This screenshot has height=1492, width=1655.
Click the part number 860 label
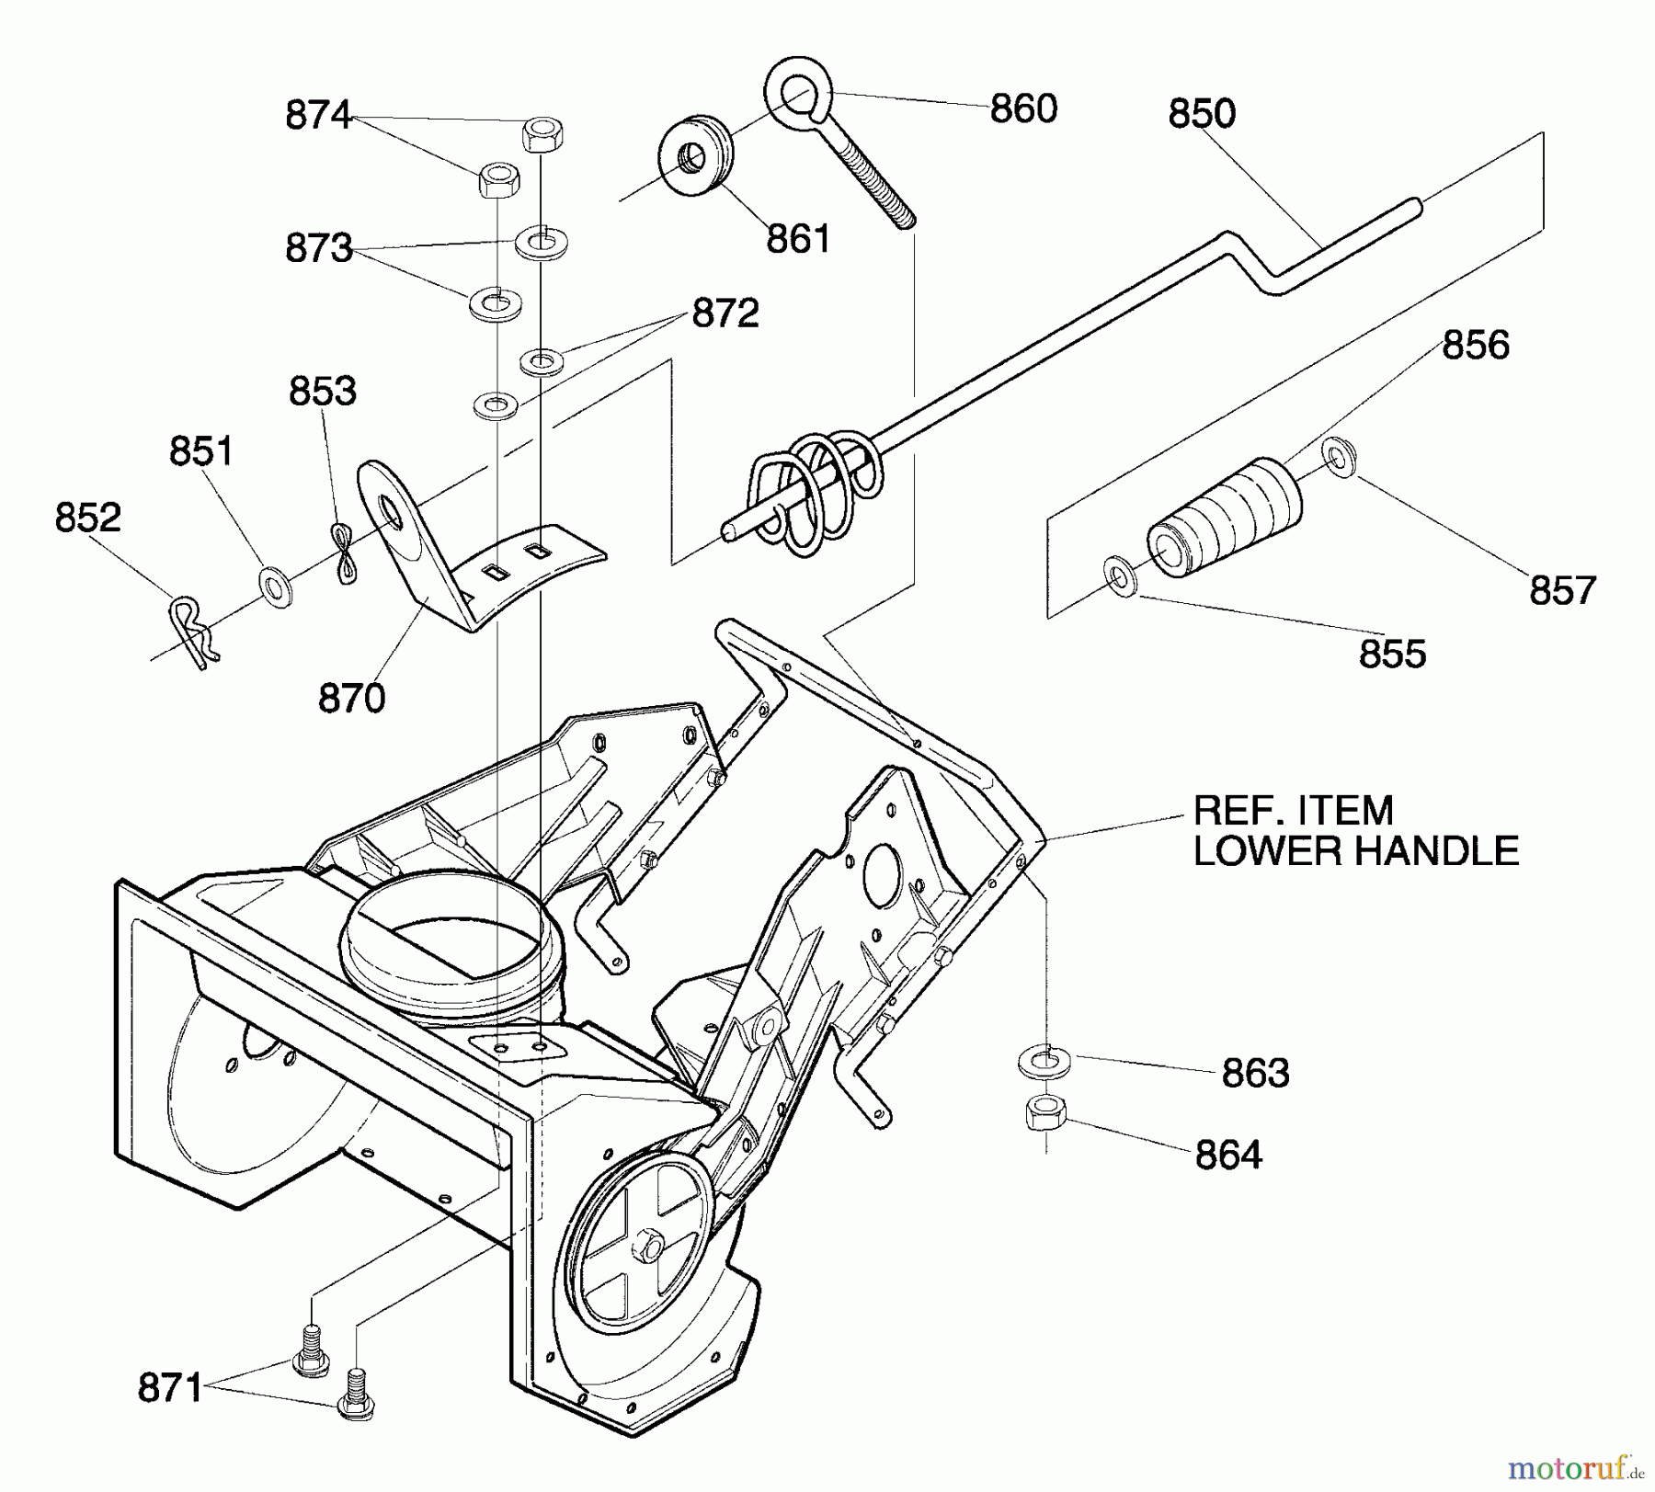[1022, 109]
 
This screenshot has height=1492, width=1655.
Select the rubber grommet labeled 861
[696, 154]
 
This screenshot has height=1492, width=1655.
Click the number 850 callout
[1202, 114]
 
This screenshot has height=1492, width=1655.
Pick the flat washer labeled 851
[275, 587]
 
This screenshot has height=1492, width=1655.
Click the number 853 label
[322, 392]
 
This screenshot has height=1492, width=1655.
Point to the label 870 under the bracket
[351, 699]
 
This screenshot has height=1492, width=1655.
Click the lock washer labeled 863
[1044, 1061]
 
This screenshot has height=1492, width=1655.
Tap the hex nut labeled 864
[1044, 1113]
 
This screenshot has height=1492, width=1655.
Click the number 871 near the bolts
[170, 1387]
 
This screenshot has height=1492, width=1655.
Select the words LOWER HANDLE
[1355, 851]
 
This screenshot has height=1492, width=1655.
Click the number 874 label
[318, 116]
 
